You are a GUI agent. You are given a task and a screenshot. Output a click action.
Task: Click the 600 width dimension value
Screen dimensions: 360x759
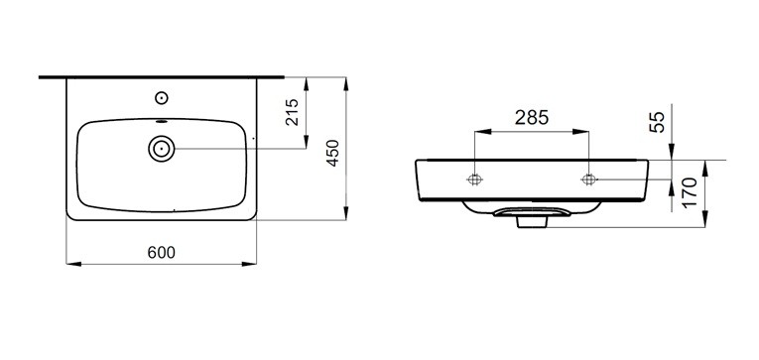[162, 252]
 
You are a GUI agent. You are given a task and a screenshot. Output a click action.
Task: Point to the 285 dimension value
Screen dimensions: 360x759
[532, 117]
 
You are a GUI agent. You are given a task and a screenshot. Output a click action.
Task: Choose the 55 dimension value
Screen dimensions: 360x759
[657, 122]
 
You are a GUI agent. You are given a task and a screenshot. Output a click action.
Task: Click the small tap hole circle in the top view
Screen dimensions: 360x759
[162, 98]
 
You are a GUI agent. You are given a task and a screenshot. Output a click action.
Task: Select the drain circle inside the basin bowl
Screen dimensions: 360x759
[162, 149]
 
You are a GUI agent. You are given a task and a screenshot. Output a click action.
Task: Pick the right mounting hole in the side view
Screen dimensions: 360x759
[588, 180]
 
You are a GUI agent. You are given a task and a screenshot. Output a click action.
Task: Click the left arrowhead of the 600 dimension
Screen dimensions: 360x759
[71, 264]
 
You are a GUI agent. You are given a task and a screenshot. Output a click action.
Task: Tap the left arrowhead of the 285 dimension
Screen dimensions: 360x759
[481, 131]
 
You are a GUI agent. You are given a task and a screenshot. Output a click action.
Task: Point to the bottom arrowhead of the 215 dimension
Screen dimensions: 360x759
[305, 144]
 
